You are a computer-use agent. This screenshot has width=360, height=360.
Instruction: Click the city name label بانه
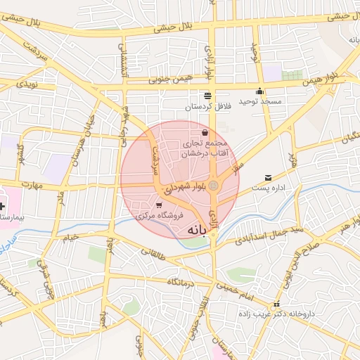[200, 230]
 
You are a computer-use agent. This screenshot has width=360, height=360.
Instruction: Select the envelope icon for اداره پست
[267, 178]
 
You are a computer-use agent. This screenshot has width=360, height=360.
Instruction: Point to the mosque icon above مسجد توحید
[260, 91]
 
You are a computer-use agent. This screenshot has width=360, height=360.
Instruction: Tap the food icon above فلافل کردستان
[207, 96]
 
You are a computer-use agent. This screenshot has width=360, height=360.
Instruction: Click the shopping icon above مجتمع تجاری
[205, 131]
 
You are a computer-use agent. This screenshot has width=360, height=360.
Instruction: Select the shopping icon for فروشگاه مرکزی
[158, 204]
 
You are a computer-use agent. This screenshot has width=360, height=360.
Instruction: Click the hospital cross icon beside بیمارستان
[2, 207]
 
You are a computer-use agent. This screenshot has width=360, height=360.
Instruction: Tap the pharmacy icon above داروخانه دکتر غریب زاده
[276, 306]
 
